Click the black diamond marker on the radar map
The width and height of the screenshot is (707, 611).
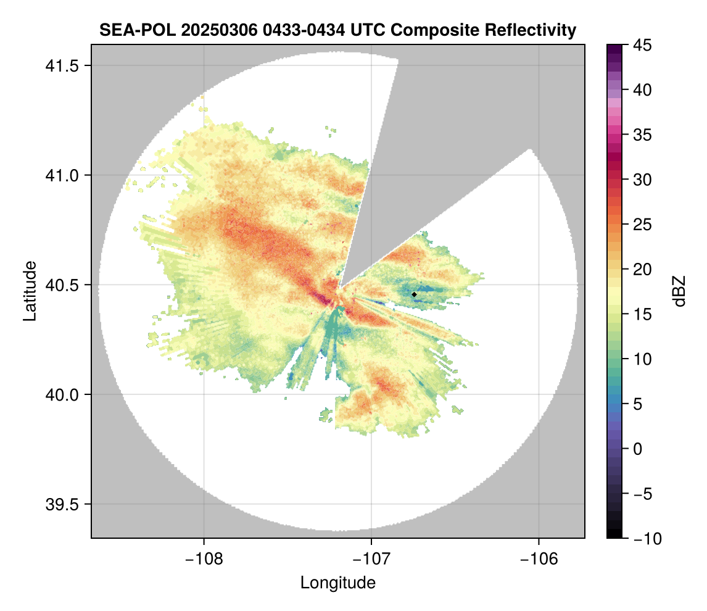(414, 294)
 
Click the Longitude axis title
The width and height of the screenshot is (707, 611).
(338, 582)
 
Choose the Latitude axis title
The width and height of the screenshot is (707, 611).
(29, 291)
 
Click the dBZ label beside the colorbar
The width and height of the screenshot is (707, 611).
(679, 291)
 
